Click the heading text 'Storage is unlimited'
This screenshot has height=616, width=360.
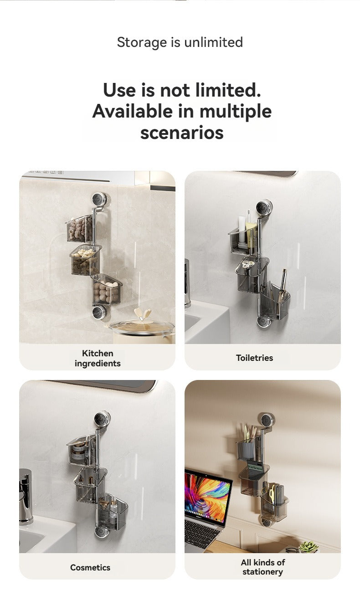coord(180,42)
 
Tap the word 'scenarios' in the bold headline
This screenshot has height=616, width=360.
coord(182,133)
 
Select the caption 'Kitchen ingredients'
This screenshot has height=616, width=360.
coord(98,358)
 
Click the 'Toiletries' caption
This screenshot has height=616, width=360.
coord(254,358)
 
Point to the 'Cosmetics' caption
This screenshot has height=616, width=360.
coord(90,567)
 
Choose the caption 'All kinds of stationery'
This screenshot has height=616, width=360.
coord(262,567)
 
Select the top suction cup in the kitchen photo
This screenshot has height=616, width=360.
coord(99,199)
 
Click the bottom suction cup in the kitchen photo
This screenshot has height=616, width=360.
coord(99,312)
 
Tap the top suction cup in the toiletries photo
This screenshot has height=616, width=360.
coord(264,207)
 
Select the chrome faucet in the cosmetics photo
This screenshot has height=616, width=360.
coord(26,496)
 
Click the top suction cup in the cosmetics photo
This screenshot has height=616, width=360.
coord(102,419)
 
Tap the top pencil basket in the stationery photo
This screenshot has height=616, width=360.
coord(249,446)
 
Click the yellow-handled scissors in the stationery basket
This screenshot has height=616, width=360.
coord(272,494)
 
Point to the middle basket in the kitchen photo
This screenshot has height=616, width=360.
coord(85,260)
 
